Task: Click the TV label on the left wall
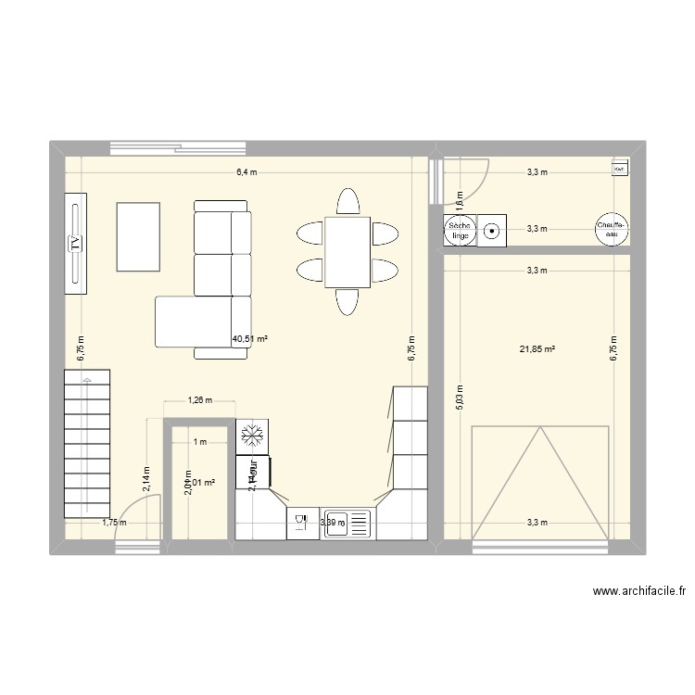tap(74, 244)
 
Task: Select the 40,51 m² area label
tap(249, 339)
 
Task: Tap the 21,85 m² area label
tap(537, 349)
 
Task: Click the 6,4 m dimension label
tap(246, 172)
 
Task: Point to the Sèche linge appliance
tap(459, 231)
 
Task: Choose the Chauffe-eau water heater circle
tap(612, 230)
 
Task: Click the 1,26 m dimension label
tap(199, 401)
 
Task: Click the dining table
tap(347, 252)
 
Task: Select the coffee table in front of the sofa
tap(137, 236)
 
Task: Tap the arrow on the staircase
tap(87, 380)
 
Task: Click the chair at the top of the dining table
tap(347, 202)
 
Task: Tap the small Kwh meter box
tap(618, 168)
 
